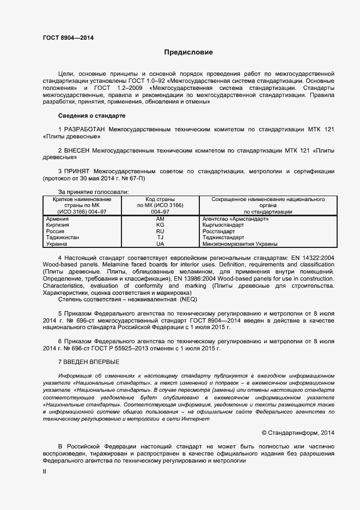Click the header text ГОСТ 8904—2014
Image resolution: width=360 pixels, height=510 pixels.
pos(68,38)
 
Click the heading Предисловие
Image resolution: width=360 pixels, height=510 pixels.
pos(188,53)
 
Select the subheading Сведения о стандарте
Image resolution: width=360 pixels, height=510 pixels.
pos(91,116)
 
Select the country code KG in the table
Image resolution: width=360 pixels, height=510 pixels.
pos(160,225)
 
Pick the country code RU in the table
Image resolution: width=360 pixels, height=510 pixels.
pos(160,232)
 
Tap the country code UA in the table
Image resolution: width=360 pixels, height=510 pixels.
pos(160,244)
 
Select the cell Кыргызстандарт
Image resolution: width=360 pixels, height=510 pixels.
pos(224,225)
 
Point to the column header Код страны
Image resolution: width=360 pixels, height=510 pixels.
pos(160,199)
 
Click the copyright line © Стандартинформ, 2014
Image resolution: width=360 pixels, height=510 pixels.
pos(298,433)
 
